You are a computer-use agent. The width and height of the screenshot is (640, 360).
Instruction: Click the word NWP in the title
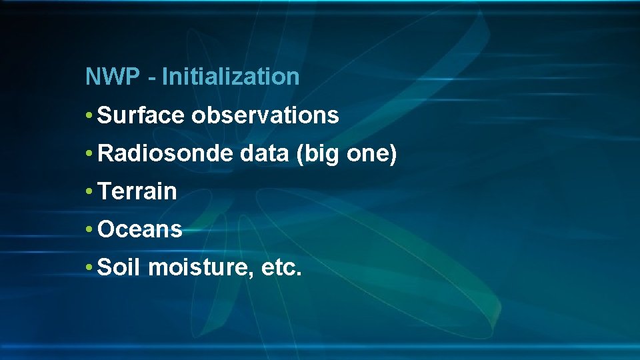click(113, 77)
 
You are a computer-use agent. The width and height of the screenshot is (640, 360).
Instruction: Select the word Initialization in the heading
click(231, 77)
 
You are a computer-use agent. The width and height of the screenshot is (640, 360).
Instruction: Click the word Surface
click(141, 116)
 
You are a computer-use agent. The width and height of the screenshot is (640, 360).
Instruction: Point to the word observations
click(265, 116)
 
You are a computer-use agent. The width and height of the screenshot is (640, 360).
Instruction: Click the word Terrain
click(137, 192)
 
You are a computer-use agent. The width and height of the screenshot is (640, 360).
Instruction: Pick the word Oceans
click(140, 230)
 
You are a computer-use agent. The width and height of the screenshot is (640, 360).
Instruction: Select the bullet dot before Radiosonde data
click(89, 155)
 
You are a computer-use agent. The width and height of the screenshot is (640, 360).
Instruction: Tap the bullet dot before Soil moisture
click(89, 269)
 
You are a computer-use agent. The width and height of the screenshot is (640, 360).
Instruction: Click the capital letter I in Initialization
click(165, 77)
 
